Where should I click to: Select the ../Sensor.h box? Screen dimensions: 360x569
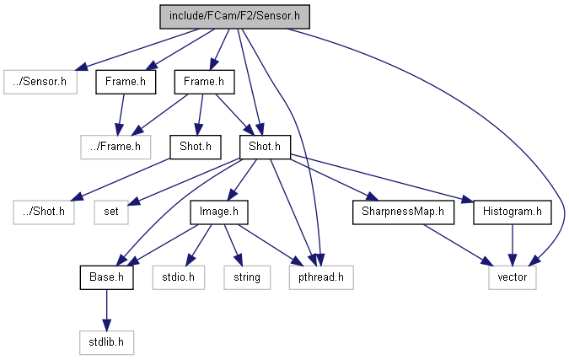[x=40, y=82]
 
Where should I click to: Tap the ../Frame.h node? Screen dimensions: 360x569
[x=115, y=148]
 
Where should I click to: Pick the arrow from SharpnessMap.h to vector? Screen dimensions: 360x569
[x=455, y=244]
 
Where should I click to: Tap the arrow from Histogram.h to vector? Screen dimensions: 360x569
[x=512, y=244]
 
